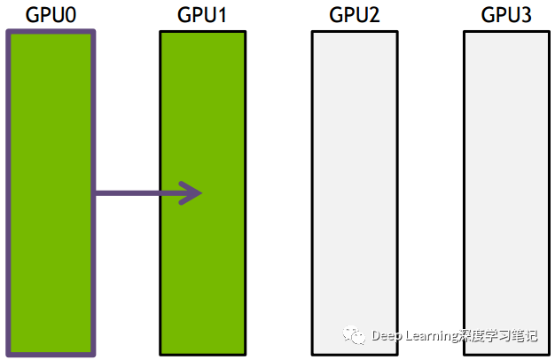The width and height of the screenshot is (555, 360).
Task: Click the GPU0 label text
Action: click(x=50, y=15)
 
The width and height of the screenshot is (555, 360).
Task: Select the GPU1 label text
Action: click(x=201, y=15)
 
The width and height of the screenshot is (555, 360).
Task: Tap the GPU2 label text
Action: click(x=354, y=15)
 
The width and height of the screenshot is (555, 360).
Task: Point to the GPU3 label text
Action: click(x=505, y=15)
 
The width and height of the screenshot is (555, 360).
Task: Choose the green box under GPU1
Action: click(x=201, y=266)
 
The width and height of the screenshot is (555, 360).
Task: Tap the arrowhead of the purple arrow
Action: click(x=193, y=192)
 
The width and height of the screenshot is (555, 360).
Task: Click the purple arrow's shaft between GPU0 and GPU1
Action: click(x=133, y=192)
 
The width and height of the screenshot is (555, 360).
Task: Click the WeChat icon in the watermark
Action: click(x=355, y=335)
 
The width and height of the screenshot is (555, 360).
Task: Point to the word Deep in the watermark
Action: click(x=387, y=336)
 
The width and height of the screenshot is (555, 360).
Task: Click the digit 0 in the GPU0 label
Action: click(x=68, y=15)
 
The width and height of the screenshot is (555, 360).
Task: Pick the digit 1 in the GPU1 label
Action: click(x=221, y=15)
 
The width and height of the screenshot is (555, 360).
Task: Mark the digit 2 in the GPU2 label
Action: click(x=373, y=15)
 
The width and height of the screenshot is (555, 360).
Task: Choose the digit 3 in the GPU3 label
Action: click(x=525, y=15)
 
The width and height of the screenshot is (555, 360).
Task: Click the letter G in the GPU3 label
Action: click(x=489, y=15)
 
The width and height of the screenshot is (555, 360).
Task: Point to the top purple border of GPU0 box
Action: click(x=50, y=34)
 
